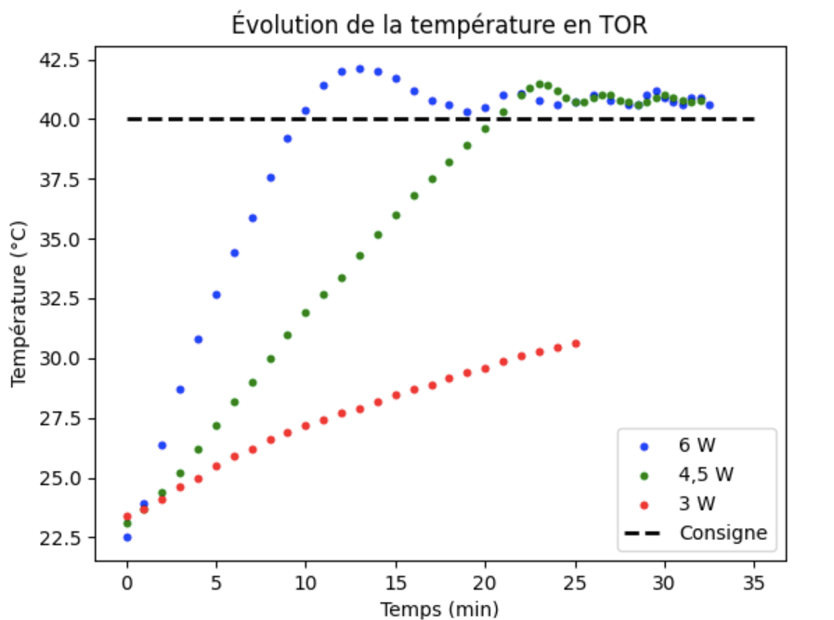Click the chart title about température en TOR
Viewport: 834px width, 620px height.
pyautogui.click(x=440, y=26)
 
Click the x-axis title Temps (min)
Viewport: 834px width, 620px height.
pyautogui.click(x=440, y=609)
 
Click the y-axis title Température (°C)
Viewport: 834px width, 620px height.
pyautogui.click(x=18, y=303)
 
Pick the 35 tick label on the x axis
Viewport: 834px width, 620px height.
pyautogui.click(x=753, y=584)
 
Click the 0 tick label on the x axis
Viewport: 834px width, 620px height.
pyautogui.click(x=127, y=584)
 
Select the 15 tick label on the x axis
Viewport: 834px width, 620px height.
pyautogui.click(x=396, y=584)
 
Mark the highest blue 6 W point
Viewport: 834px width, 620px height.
pyautogui.click(x=359, y=69)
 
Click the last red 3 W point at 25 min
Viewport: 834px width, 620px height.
pyautogui.click(x=576, y=344)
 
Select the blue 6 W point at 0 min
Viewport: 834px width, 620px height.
pyautogui.click(x=127, y=537)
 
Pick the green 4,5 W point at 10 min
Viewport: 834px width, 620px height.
pyautogui.click(x=306, y=313)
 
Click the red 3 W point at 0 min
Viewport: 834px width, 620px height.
pyautogui.click(x=127, y=517)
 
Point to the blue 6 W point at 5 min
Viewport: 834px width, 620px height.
pyautogui.click(x=216, y=295)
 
